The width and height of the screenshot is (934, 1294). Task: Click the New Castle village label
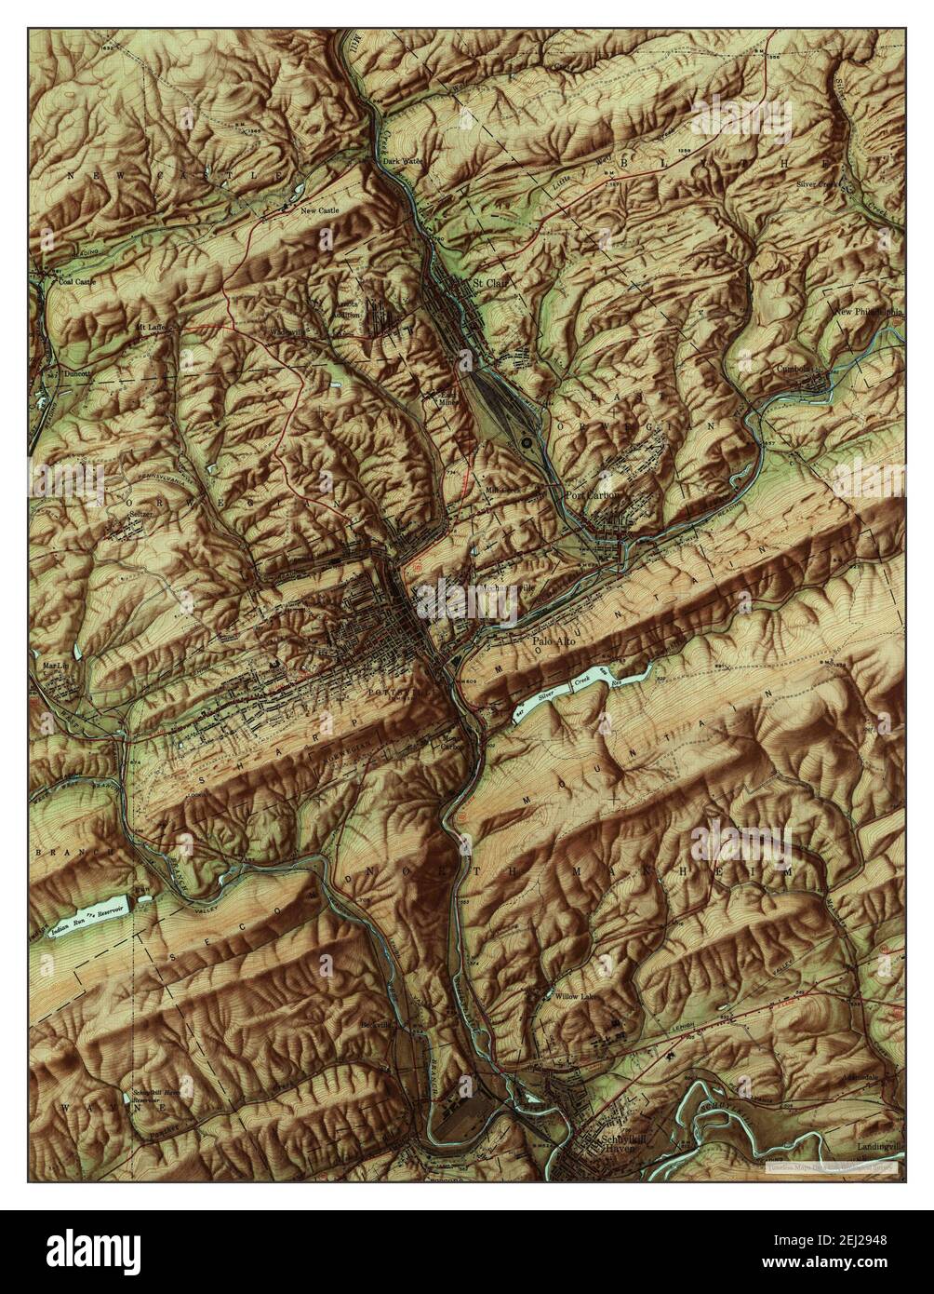click(x=319, y=211)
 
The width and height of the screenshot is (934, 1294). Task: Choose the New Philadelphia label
click(x=867, y=313)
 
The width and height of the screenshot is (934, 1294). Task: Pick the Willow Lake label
click(x=579, y=997)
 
